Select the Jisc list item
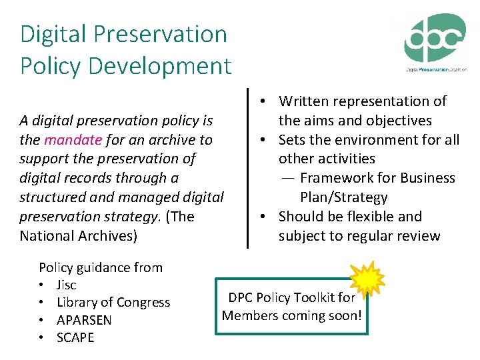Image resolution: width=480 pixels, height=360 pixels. tap(67, 285)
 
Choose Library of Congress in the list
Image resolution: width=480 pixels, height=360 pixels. tap(113, 303)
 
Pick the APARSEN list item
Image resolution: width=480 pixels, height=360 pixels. tap(84, 320)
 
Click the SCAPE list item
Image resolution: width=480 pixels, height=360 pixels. tap(75, 337)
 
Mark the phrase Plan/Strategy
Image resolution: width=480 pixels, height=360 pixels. tap(343, 197)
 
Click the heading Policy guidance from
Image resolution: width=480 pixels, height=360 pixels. tap(101, 268)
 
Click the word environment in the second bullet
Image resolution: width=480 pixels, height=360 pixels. tap(381, 140)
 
